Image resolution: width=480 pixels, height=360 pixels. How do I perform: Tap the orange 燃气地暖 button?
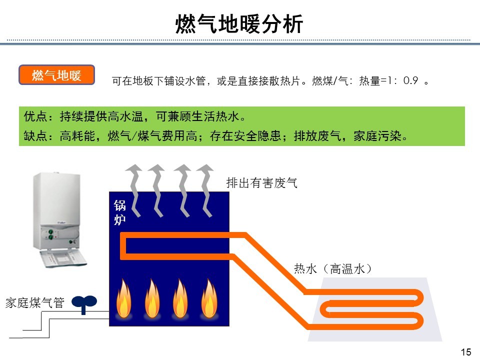click(56, 75)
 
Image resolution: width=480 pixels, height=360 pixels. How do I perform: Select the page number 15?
click(465, 352)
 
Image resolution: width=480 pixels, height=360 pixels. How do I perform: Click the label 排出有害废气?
click(262, 183)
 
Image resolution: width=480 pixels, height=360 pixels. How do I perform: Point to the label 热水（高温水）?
click(333, 269)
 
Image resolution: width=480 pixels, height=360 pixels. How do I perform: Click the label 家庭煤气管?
click(35, 302)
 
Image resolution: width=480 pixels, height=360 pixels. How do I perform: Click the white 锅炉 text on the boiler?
click(119, 212)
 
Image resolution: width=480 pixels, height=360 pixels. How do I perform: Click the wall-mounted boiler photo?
click(57, 220)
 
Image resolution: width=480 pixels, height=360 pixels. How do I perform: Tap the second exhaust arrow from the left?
click(157, 190)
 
